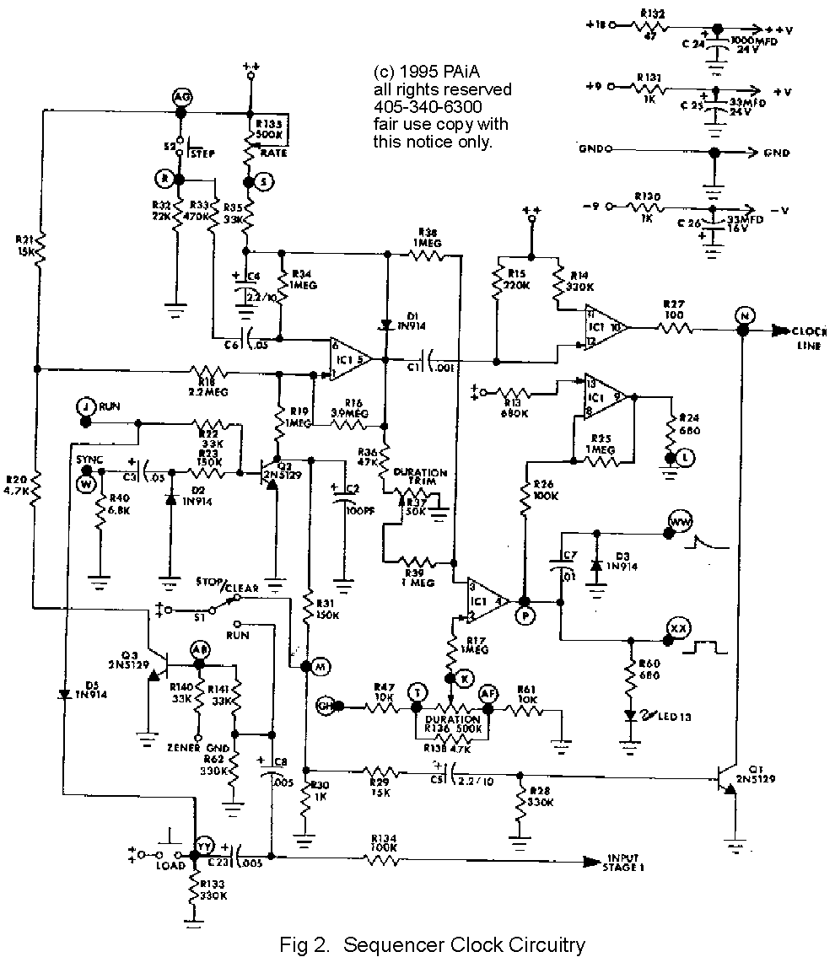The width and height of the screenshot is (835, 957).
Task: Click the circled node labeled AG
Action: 181,97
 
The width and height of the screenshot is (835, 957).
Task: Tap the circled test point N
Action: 743,315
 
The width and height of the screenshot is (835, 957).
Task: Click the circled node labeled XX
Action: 676,628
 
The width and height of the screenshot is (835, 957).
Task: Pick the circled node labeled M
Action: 320,666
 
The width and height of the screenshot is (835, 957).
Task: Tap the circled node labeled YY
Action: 202,846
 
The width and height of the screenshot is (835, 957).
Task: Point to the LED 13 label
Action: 674,717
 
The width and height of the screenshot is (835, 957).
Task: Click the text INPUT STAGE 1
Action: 625,863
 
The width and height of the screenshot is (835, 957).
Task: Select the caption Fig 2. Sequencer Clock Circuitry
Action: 432,944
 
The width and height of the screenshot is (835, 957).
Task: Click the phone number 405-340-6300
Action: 428,107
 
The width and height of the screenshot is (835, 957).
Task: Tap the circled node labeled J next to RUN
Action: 84,406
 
